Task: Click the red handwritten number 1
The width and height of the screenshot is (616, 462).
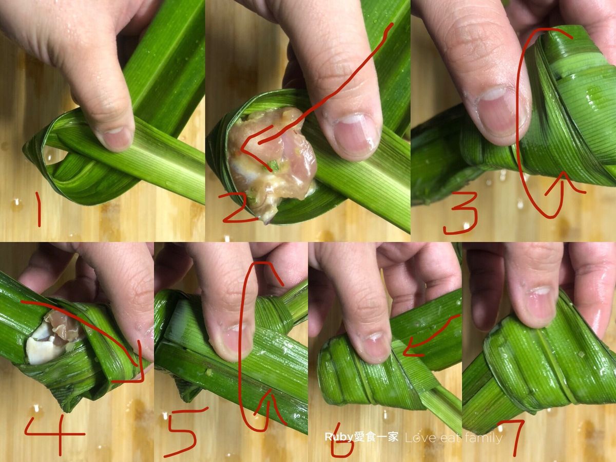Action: tap(38, 209)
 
